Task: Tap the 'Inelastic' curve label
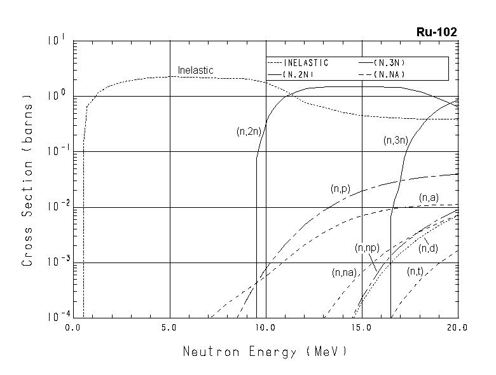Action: [x=195, y=70]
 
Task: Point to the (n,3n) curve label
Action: [x=396, y=140]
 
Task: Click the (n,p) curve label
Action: [x=341, y=189]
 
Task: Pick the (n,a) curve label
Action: [x=429, y=198]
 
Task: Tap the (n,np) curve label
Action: [x=367, y=247]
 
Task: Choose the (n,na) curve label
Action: [x=345, y=273]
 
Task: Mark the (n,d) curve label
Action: [x=429, y=247]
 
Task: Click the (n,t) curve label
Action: [x=415, y=271]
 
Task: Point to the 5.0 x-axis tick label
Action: [x=169, y=328]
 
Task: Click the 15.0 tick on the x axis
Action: [x=361, y=328]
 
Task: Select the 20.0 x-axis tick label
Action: [x=457, y=328]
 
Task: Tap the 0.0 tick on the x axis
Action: [x=74, y=328]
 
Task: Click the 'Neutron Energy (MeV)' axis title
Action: [x=265, y=351]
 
